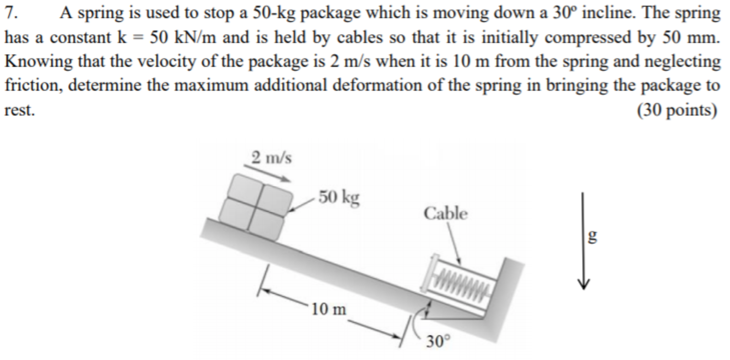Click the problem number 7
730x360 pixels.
click(11, 13)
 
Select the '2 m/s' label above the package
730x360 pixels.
click(271, 158)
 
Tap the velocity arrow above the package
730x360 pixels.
click(267, 173)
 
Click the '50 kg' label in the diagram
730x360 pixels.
click(339, 198)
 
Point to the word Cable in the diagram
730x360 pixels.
click(445, 214)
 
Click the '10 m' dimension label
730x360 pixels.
click(329, 309)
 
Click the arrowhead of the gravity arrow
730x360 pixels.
click(583, 285)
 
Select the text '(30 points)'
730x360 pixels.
click(677, 110)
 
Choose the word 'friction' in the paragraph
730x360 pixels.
click(33, 85)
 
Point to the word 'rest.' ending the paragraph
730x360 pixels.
click(20, 110)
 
